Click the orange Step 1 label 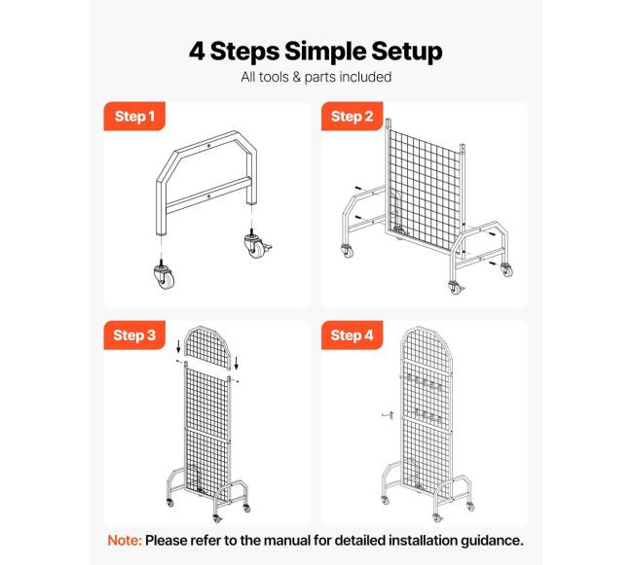click(x=134, y=116)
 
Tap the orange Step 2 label click(x=352, y=116)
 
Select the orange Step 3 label click(x=134, y=335)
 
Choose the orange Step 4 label click(x=352, y=335)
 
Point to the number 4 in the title click(x=197, y=52)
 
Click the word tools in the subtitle click(x=276, y=77)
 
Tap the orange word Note click(x=125, y=540)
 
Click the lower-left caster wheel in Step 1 click(x=165, y=276)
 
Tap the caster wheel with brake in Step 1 click(x=257, y=245)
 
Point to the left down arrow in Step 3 click(x=178, y=347)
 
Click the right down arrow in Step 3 click(x=237, y=363)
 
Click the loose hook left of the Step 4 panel click(x=388, y=415)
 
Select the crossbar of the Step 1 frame click(x=208, y=195)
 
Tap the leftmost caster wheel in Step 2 click(x=348, y=251)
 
